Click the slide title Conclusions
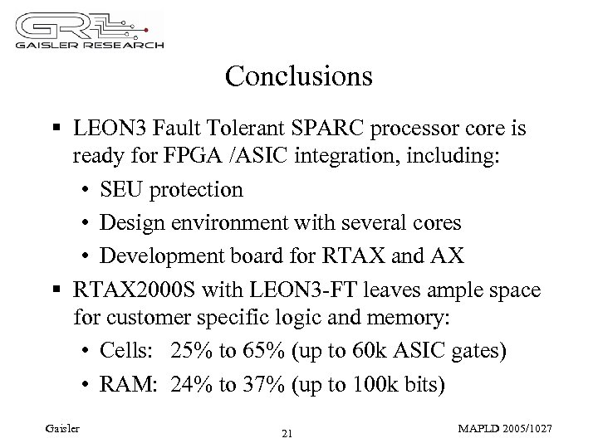click(298, 77)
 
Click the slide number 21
click(287, 434)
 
